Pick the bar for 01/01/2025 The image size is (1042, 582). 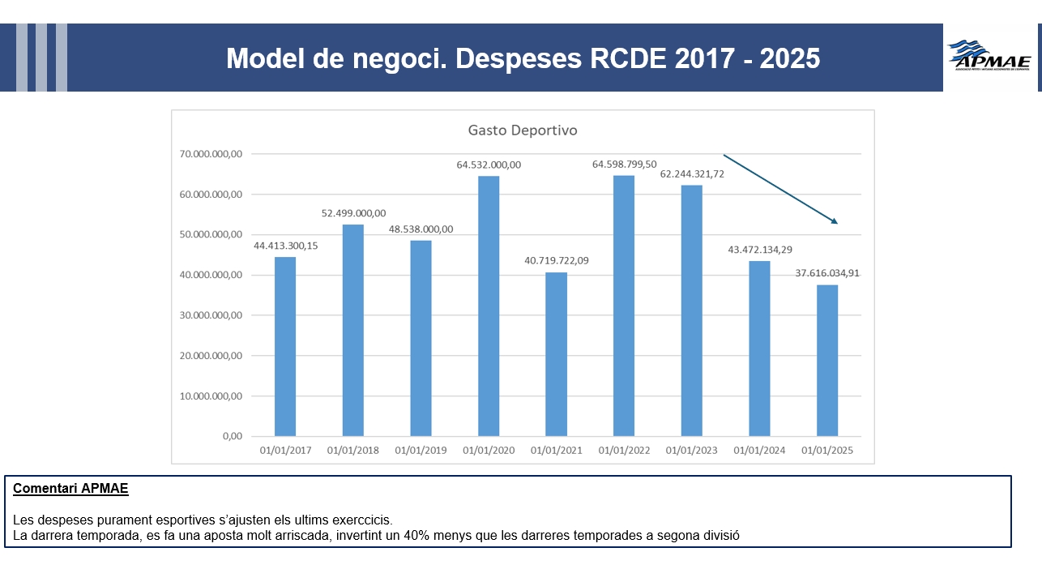(827, 361)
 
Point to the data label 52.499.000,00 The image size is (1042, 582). (353, 213)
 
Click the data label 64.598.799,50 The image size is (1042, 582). (624, 165)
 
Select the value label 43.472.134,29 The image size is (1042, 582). (759, 249)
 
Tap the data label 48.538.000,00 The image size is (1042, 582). (421, 229)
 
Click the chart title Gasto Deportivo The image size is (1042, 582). (523, 130)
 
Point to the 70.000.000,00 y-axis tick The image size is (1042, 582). (211, 154)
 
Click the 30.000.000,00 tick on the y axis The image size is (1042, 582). (211, 315)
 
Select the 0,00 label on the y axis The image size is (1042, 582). (232, 436)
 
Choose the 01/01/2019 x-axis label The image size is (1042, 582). (421, 451)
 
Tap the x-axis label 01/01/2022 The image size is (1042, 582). (624, 451)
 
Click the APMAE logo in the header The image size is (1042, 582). (990, 57)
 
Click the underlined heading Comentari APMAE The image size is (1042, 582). (70, 489)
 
